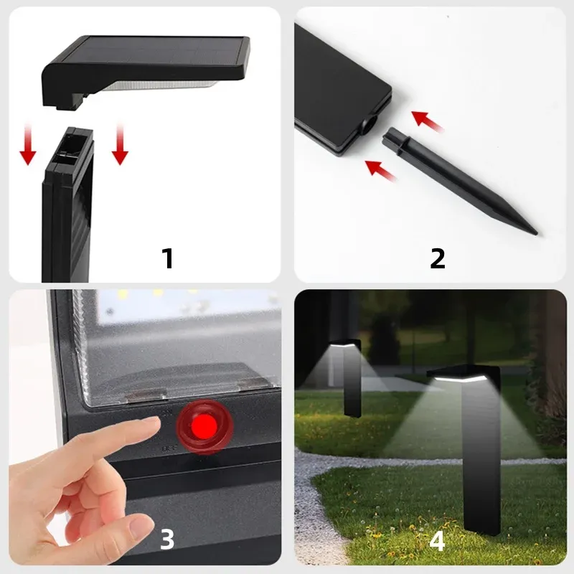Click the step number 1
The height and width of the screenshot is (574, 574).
pyautogui.click(x=168, y=258)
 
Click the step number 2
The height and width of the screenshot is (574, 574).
pyautogui.click(x=437, y=258)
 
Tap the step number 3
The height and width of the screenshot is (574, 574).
pyautogui.click(x=166, y=539)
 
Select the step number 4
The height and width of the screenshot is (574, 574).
pyautogui.click(x=437, y=540)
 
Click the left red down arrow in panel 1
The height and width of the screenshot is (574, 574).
pyautogui.click(x=28, y=144)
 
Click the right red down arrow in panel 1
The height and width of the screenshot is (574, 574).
pyautogui.click(x=120, y=143)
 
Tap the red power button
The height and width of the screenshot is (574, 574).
pyautogui.click(x=206, y=427)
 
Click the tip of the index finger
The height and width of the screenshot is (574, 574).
pyautogui.click(x=155, y=427)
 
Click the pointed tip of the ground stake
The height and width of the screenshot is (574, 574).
pyautogui.click(x=534, y=232)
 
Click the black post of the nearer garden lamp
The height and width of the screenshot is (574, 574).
pyautogui.click(x=483, y=459)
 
